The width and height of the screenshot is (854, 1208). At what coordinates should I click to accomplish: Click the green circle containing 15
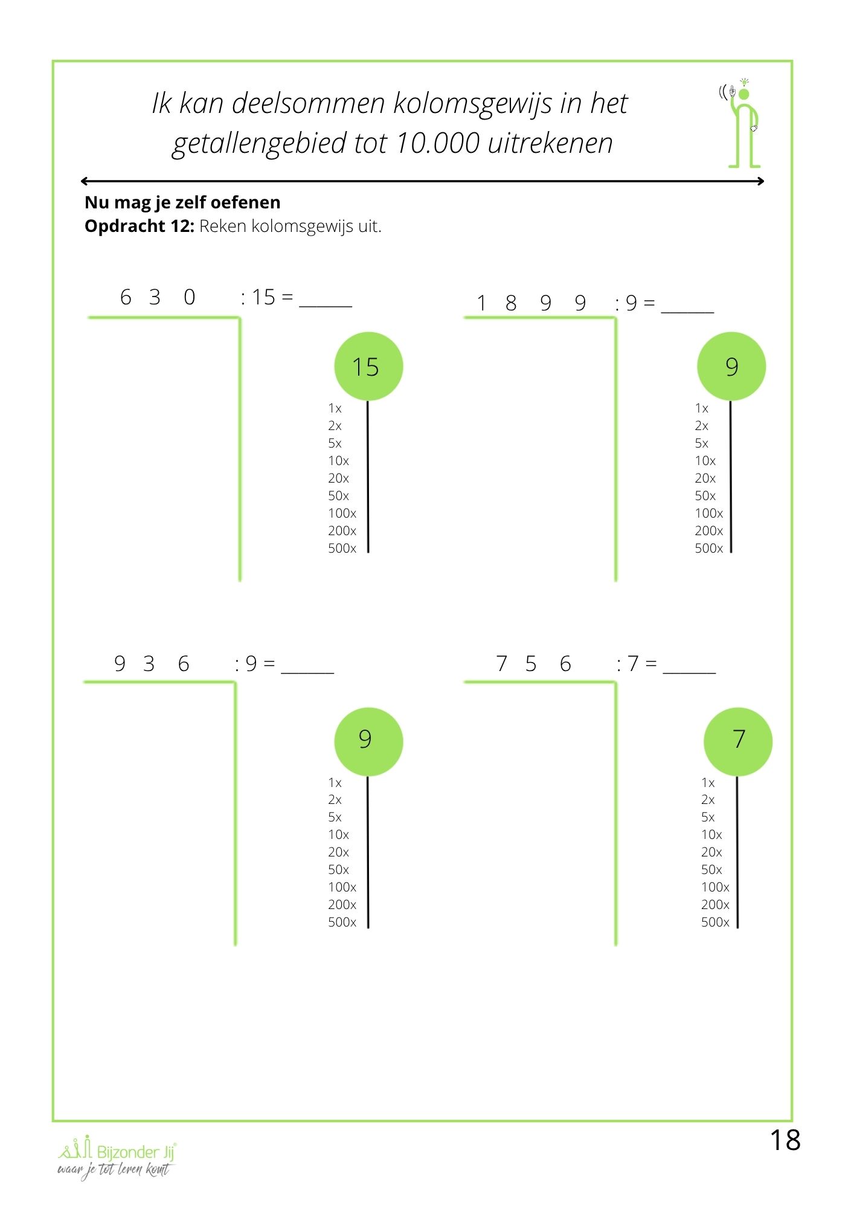pyautogui.click(x=368, y=366)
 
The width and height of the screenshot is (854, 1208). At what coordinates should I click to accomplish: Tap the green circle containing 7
pyautogui.click(x=737, y=741)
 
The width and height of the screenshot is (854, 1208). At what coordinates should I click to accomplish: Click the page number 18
pyautogui.click(x=785, y=1140)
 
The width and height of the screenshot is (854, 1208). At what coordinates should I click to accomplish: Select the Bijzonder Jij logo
pyautogui.click(x=117, y=1157)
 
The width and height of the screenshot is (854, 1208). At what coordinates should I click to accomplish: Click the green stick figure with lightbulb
pyautogui.click(x=742, y=124)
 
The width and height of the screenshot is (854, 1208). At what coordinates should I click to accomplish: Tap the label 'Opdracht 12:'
pyautogui.click(x=139, y=226)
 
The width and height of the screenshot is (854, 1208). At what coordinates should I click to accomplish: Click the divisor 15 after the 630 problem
pyautogui.click(x=263, y=297)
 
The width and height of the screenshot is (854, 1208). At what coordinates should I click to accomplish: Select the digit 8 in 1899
pyautogui.click(x=511, y=303)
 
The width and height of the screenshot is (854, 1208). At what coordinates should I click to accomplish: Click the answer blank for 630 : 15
pyautogui.click(x=326, y=302)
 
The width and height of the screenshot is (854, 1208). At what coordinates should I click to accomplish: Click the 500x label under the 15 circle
pyautogui.click(x=342, y=548)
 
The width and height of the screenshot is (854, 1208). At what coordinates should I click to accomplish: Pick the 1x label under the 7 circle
pyautogui.click(x=708, y=783)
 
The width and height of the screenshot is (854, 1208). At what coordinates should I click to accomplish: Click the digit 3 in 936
pyautogui.click(x=149, y=664)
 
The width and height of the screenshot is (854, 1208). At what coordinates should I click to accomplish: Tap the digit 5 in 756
pyautogui.click(x=531, y=664)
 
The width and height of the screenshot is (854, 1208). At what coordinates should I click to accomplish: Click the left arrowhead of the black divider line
pyautogui.click(x=84, y=181)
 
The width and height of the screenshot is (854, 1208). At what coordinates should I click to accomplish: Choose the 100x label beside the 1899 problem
pyautogui.click(x=708, y=513)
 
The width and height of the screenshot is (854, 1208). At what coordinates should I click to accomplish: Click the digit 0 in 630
pyautogui.click(x=190, y=297)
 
